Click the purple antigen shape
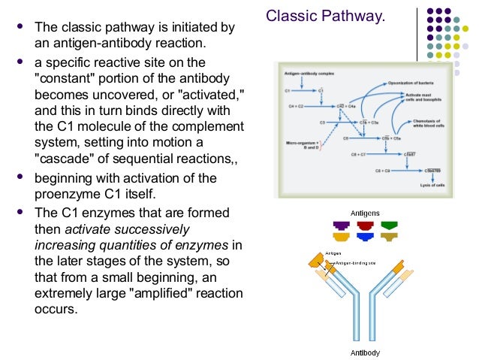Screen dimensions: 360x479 click(x=341, y=225)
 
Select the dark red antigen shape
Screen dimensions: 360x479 click(x=365, y=225)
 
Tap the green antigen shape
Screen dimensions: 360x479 click(x=389, y=225)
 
